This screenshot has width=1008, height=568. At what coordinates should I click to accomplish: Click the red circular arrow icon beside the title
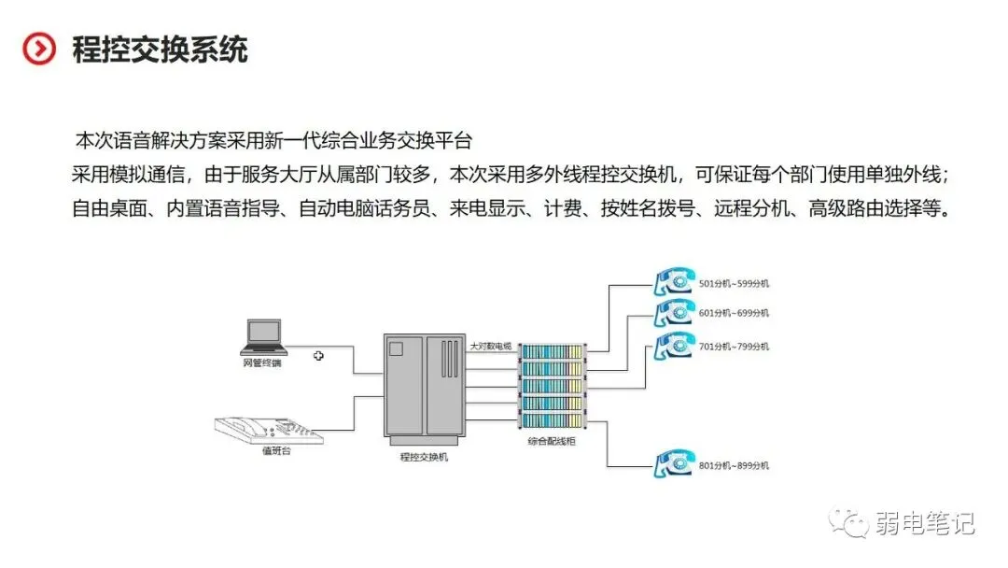39,49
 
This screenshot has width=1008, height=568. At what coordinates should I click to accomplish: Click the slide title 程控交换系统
160,49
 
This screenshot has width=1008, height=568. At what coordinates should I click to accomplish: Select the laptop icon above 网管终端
262,334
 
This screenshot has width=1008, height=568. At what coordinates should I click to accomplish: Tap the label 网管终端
262,362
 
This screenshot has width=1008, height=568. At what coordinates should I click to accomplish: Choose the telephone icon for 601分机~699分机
673,311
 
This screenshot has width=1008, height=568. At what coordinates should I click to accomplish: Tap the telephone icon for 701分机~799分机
673,346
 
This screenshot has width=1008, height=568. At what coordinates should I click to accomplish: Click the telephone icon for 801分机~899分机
673,463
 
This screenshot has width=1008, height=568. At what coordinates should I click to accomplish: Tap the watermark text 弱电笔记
925,523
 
